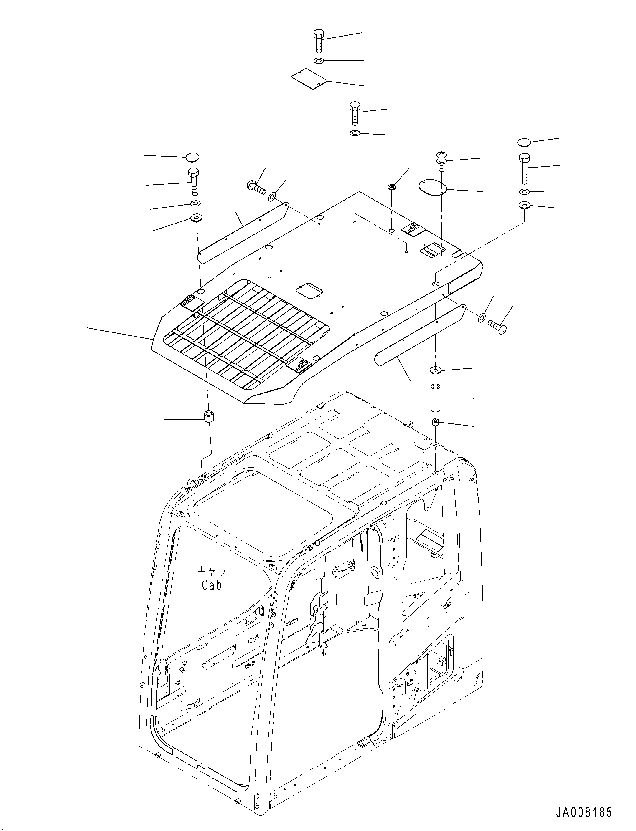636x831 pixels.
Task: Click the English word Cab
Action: point(212,585)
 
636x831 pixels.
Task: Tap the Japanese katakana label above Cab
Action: point(212,570)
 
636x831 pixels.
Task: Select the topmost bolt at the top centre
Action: point(318,41)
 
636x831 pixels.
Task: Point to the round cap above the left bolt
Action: point(192,157)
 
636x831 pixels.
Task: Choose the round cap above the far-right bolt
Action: point(524,142)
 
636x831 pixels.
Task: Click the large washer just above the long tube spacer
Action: point(435,369)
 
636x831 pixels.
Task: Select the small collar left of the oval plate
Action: point(392,187)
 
